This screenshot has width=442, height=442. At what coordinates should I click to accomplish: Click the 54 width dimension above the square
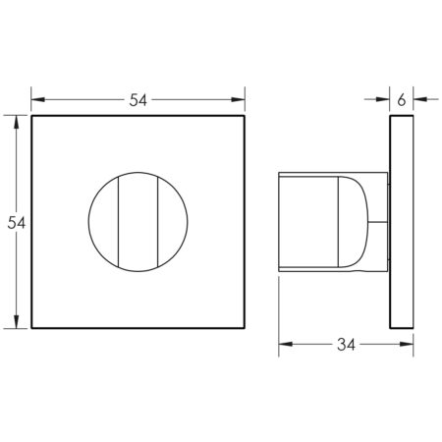click(x=138, y=98)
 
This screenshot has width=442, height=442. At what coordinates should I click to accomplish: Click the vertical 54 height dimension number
click(x=16, y=223)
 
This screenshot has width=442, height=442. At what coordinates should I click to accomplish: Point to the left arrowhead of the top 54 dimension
click(x=37, y=98)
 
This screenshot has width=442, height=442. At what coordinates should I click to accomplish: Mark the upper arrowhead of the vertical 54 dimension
click(x=17, y=122)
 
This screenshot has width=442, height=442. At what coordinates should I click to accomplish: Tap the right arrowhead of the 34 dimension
click(x=406, y=345)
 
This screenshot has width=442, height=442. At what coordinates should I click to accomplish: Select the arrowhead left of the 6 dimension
click(x=384, y=98)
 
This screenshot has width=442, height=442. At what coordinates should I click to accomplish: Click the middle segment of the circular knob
click(x=138, y=222)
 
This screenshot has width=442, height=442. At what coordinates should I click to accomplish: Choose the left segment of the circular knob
click(x=102, y=222)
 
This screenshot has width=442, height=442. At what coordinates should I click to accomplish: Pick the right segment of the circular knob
click(x=175, y=222)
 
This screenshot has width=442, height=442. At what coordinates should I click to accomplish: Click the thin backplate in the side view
click(x=401, y=222)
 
